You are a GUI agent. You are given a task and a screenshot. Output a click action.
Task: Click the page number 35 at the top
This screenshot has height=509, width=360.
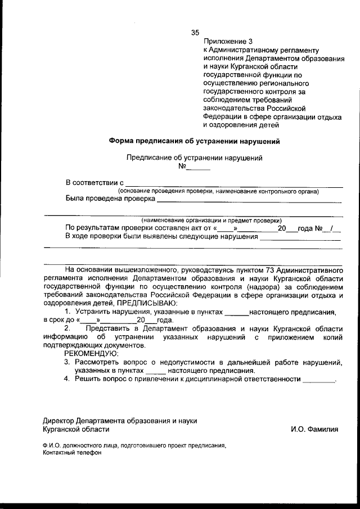tap(195, 32)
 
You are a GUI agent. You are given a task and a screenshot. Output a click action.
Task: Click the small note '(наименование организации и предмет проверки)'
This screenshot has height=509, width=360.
tap(212, 220)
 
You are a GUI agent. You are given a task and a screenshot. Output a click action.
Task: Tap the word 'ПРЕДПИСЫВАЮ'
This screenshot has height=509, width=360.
tap(147, 303)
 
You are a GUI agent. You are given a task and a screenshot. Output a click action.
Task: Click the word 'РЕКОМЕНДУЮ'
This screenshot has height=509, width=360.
tap(91, 354)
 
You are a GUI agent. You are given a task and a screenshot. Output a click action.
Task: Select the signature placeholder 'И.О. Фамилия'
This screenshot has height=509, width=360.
tap(315, 429)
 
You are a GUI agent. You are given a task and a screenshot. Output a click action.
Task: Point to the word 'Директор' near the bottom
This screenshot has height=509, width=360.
tap(60, 420)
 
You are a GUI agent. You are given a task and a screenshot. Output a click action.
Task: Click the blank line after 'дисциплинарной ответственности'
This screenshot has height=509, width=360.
tap(318, 381)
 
